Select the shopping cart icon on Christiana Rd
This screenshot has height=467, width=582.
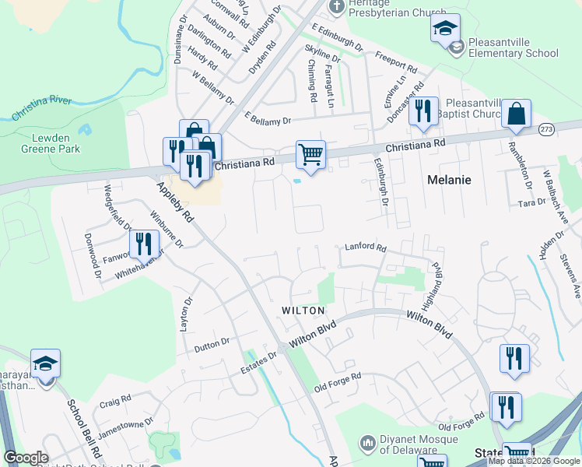click(x=310, y=155)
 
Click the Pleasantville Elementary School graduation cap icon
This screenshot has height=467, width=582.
click(x=444, y=30)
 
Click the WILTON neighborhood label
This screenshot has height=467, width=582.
click(x=303, y=311)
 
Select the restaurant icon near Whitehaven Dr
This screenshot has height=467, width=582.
click(x=142, y=244)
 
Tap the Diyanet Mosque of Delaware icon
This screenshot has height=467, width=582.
click(x=368, y=442)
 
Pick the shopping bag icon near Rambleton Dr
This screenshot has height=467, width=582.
click(x=516, y=114)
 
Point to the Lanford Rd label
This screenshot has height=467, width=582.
click(x=365, y=248)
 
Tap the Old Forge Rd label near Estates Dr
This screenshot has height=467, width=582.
click(x=338, y=381)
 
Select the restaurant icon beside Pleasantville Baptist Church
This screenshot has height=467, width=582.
click(x=423, y=111)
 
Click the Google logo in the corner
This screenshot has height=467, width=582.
click(x=26, y=458)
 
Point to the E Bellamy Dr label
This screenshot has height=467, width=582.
click(x=267, y=120)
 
